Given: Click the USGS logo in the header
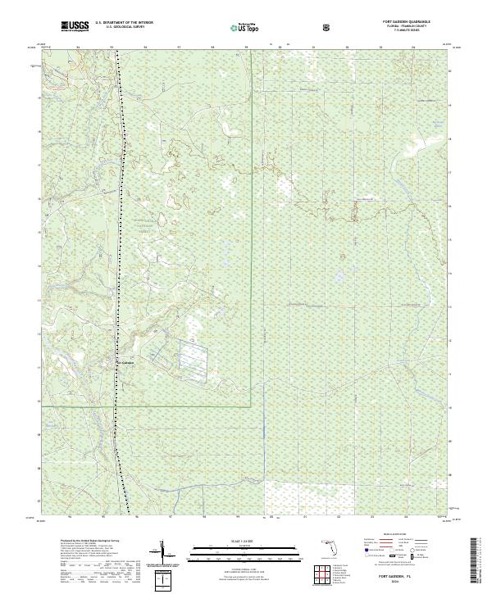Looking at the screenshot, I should click(75, 27).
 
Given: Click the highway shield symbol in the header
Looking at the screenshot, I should click(327, 28).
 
